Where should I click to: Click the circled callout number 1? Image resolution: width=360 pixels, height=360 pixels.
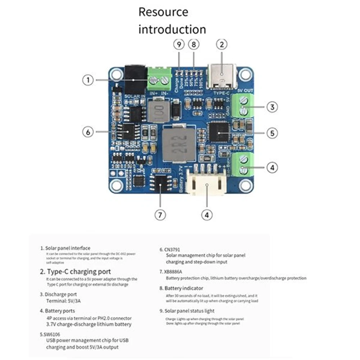tap(88, 80)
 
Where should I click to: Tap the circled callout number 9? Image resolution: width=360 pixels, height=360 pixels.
tap(179, 45)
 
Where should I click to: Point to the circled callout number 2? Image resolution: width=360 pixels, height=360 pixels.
tap(222, 45)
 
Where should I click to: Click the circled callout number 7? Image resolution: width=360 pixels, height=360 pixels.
tap(160, 215)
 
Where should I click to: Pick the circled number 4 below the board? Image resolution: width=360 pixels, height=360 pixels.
tap(206, 215)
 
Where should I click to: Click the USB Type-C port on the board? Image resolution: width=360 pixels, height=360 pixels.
tap(222, 77)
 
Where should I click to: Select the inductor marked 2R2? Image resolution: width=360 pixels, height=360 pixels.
tap(179, 144)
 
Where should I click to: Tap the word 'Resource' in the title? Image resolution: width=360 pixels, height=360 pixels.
tap(163, 12)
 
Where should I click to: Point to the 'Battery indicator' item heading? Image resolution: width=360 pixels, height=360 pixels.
tap(183, 288)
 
